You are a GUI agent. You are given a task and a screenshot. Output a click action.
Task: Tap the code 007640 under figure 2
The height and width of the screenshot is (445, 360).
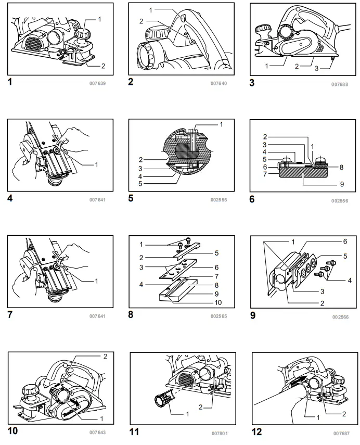pos(218,83)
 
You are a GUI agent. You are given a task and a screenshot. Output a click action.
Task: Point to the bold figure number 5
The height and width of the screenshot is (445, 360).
pos(131,198)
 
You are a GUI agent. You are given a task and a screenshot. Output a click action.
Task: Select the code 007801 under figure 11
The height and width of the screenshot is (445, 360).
pos(219,433)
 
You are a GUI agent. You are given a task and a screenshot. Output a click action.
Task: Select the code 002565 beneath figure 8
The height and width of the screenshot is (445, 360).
pos(218,316)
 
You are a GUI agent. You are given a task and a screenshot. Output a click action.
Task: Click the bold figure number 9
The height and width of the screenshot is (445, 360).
pos(253,314)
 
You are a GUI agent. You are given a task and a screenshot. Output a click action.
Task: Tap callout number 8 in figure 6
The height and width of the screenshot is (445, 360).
pos(341,168)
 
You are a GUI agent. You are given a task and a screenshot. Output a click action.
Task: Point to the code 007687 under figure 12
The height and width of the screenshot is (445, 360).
pos(340,432)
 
